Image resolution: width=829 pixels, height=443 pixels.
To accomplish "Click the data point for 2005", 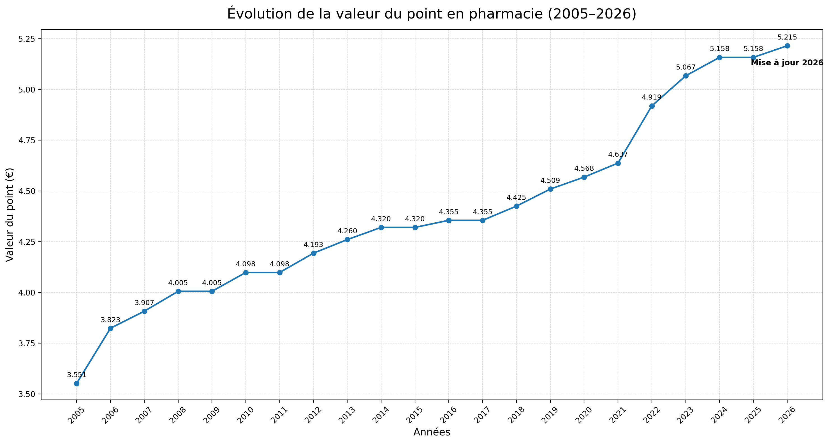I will [77, 384].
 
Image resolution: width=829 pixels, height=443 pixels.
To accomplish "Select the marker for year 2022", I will [652, 106].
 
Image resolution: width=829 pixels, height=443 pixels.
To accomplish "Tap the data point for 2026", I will [787, 46].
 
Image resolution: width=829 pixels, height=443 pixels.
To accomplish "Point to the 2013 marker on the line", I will [347, 239].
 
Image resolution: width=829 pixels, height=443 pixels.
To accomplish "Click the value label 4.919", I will [651, 97].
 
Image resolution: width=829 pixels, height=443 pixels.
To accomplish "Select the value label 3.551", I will [77, 375].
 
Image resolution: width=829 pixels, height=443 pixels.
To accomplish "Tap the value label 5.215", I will [787, 37].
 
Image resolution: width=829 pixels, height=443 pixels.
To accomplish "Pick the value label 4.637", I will [618, 154].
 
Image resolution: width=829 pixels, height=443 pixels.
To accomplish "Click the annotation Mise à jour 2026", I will [787, 63].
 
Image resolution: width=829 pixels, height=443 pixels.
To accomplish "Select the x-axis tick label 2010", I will [246, 415].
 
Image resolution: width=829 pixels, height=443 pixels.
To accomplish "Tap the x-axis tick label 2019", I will [550, 415].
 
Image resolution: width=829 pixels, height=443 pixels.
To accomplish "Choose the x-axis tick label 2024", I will [719, 415].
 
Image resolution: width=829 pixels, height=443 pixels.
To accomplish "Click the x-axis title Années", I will [432, 432].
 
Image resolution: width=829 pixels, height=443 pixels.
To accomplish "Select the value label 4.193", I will [313, 245].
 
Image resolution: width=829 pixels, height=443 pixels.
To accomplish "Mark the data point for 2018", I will [516, 206].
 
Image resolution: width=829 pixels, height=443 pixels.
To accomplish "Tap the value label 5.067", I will [686, 67].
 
